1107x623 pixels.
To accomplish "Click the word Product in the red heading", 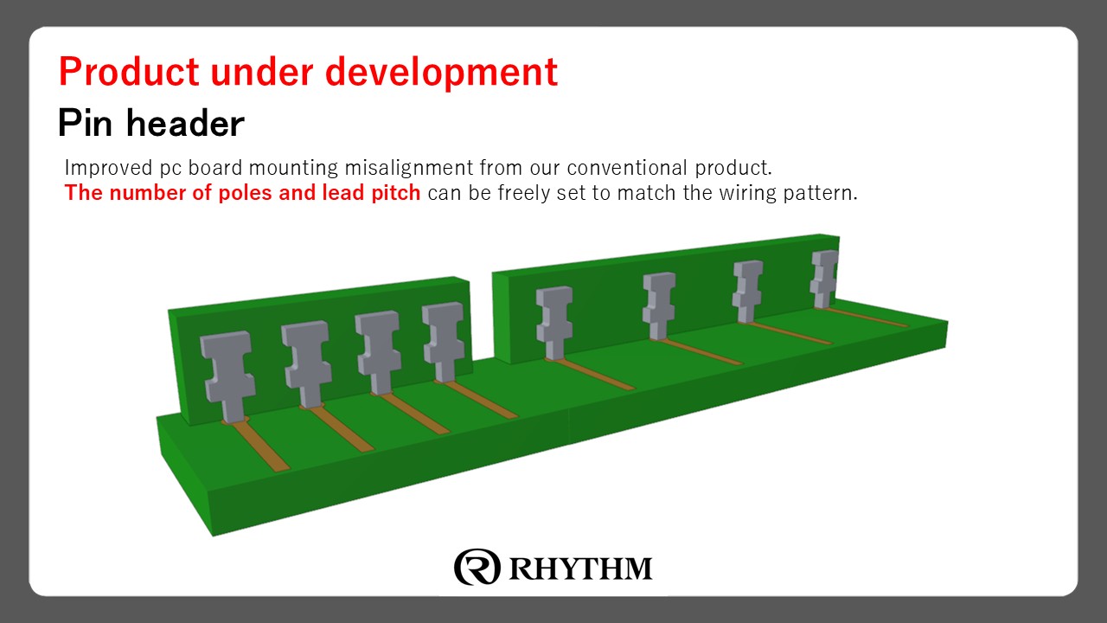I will [127, 72].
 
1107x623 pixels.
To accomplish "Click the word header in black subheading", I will [185, 124].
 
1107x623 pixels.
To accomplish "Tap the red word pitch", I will [396, 193].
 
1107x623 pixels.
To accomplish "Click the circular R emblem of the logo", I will [477, 567].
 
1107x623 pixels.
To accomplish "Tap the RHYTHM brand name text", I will [580, 568].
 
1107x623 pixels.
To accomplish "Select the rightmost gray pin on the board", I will [824, 277].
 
